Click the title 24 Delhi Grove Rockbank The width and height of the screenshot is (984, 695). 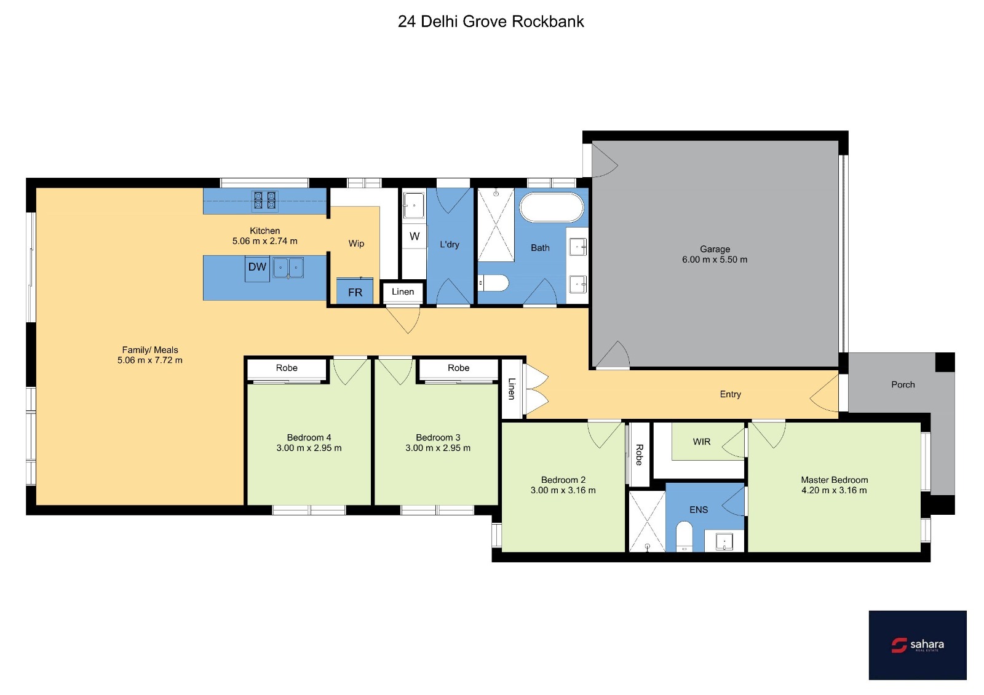(491, 22)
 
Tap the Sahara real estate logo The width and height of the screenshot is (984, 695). (917, 645)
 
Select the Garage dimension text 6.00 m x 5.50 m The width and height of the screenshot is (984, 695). (714, 260)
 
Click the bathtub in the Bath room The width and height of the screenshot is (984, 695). (551, 207)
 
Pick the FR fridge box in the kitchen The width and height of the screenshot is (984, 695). (354, 292)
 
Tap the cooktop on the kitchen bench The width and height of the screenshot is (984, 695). (265, 201)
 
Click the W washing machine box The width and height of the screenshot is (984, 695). (415, 236)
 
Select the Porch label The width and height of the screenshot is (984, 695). (903, 384)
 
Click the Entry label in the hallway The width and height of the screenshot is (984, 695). (730, 394)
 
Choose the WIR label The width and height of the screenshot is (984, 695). (701, 442)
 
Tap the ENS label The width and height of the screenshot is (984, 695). (699, 510)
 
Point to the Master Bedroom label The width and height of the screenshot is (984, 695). (834, 480)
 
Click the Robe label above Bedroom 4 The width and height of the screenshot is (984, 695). (287, 368)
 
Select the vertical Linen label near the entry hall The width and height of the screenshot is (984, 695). (512, 389)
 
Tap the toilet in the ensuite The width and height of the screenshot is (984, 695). (684, 536)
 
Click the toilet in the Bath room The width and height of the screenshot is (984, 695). (493, 283)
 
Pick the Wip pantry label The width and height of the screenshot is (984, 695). (356, 244)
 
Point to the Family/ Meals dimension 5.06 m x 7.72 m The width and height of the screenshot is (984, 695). (150, 360)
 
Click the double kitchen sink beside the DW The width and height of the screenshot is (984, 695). (288, 268)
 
